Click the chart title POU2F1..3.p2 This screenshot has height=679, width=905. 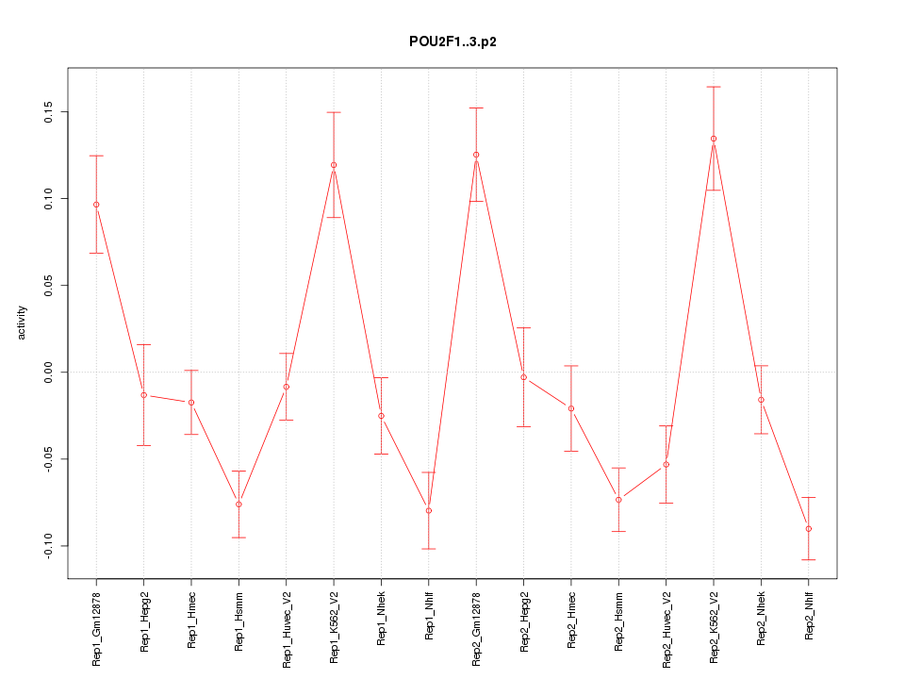(x=452, y=41)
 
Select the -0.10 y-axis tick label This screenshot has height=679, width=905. (x=44, y=546)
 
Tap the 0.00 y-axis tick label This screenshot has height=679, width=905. (x=44, y=373)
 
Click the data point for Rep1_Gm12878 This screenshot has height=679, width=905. (x=96, y=205)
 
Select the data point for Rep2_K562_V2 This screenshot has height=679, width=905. (x=714, y=139)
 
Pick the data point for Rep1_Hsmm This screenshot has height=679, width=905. (x=239, y=505)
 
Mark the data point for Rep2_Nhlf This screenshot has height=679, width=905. (x=809, y=529)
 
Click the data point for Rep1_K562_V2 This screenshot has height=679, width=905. (x=334, y=165)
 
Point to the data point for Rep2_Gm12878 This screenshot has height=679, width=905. (x=476, y=155)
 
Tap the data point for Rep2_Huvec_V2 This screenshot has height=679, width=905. (x=666, y=465)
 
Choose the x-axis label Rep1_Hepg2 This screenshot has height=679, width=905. (x=144, y=621)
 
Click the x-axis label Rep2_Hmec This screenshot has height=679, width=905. (x=571, y=620)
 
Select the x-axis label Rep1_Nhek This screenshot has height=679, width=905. (x=381, y=620)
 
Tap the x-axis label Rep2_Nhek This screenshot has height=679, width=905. (x=761, y=620)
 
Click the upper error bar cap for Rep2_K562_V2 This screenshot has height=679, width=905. (x=714, y=87)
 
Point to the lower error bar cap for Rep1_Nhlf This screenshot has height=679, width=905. (x=428, y=549)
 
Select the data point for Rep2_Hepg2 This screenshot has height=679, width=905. (x=523, y=377)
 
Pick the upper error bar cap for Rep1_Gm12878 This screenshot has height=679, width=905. (x=96, y=156)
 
